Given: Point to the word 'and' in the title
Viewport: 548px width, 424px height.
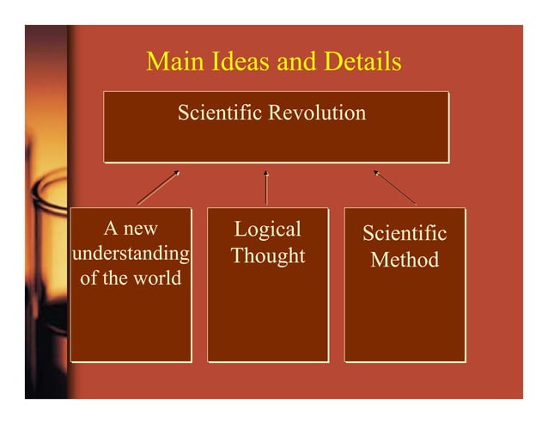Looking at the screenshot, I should [297, 62].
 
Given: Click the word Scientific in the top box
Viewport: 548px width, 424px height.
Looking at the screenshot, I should [219, 113].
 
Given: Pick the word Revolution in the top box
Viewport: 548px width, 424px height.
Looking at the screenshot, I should [317, 113].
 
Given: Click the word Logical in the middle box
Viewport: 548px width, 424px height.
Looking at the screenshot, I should [268, 229].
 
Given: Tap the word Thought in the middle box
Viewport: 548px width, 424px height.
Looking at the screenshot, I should [268, 255].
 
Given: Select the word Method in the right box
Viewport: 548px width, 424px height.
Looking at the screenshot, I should [405, 259].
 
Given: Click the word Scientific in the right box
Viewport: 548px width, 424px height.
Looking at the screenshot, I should [405, 233].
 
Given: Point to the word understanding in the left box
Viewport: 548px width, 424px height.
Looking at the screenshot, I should [131, 254].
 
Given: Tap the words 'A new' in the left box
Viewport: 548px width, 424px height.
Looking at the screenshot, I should [131, 229].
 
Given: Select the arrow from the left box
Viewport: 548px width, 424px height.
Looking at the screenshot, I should [158, 187].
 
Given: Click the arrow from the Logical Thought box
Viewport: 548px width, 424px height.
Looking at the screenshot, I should [266, 187].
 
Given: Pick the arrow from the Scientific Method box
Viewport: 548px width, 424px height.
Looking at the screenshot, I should [394, 187].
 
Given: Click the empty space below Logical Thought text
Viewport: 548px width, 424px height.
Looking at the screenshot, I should [268, 318].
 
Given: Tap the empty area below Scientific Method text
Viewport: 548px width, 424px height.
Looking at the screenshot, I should [405, 318].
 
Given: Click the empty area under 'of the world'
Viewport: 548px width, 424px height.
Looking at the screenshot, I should [131, 327].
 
